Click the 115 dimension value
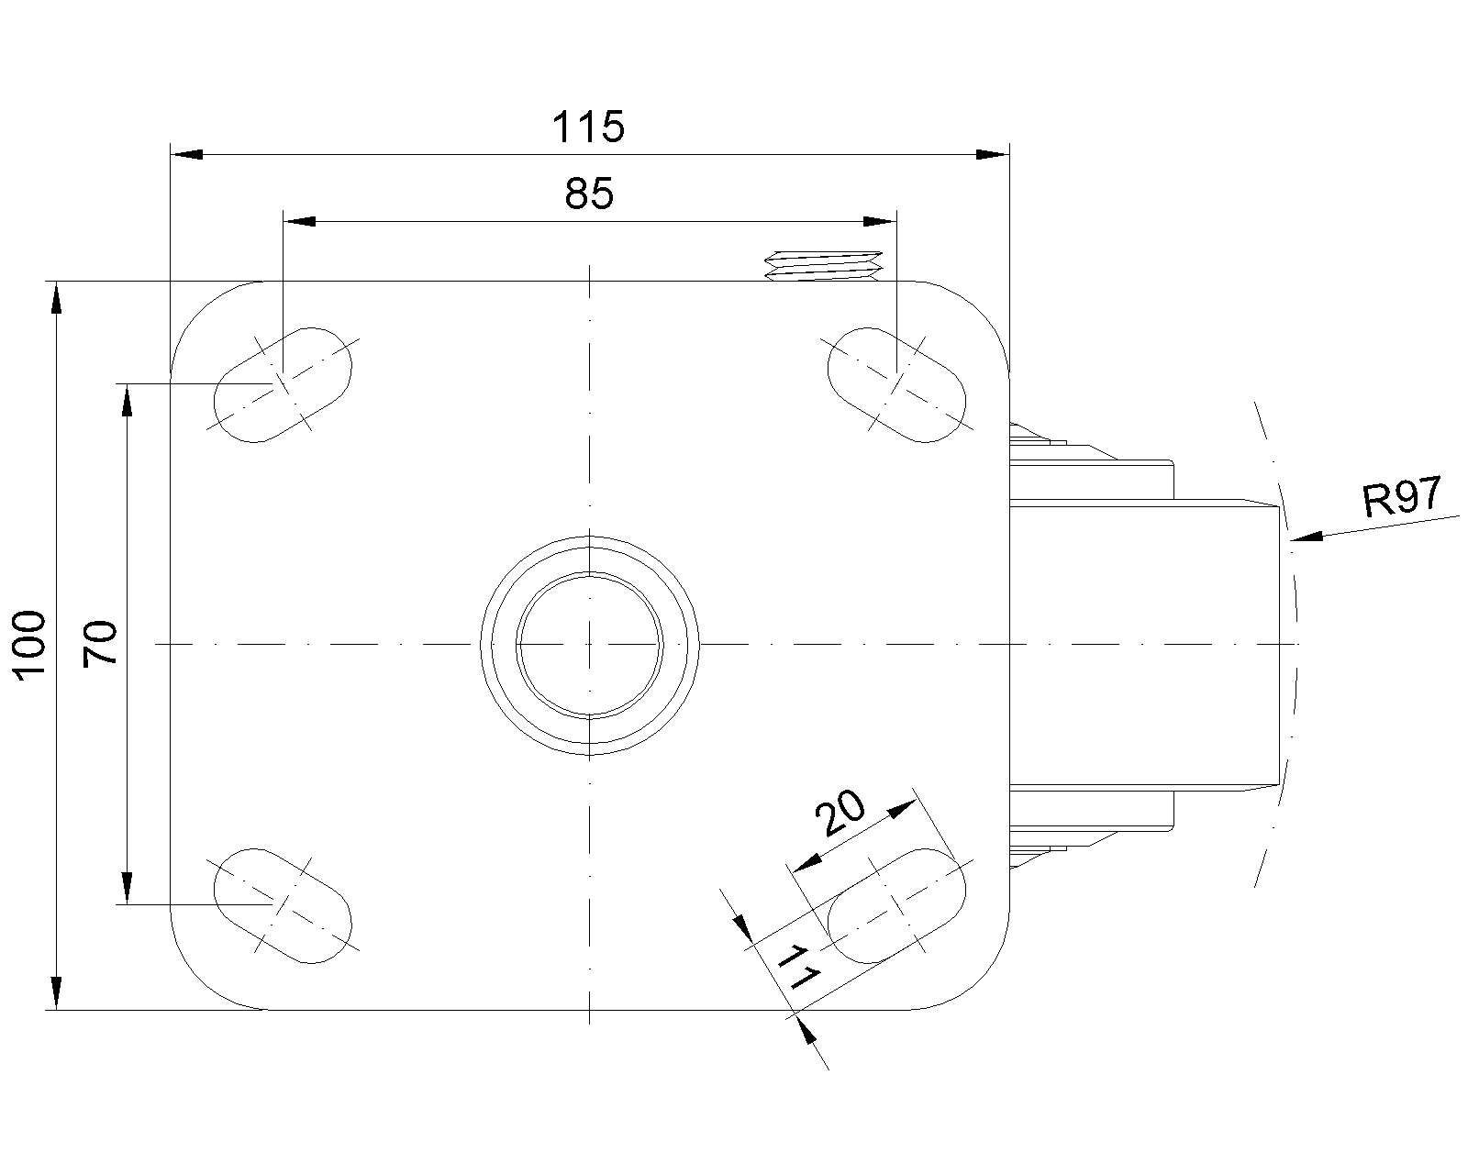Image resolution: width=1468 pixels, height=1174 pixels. pos(588,127)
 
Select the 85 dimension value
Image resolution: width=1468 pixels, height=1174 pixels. pos(588,194)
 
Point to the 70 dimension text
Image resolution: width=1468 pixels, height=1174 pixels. pos(100,643)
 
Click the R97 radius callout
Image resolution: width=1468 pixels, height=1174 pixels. pos(1402,498)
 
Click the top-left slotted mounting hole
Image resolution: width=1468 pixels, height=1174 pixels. pos(283,384)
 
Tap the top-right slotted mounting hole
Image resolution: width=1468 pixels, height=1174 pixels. pos(896,384)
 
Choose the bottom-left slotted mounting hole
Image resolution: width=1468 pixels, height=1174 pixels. pos(283,905)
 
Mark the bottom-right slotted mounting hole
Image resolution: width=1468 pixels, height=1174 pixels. pos(896,905)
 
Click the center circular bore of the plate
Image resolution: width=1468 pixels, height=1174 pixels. pos(589,644)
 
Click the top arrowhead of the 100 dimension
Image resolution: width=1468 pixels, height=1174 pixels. pos(57,299)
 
